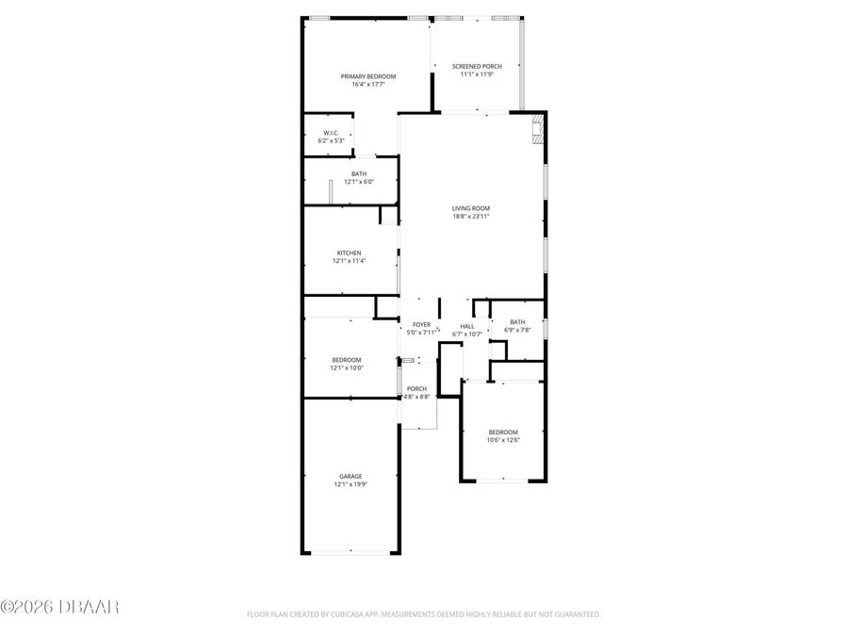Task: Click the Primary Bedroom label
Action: click(x=368, y=76)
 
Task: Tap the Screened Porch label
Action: click(x=477, y=66)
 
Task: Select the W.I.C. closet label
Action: click(x=331, y=133)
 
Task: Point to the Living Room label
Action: click(x=471, y=208)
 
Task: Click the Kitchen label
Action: click(x=350, y=253)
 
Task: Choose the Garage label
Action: click(x=351, y=476)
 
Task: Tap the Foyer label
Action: click(x=421, y=324)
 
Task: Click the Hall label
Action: click(x=467, y=326)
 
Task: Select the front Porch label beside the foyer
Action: click(x=416, y=388)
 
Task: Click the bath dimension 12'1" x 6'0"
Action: click(x=359, y=182)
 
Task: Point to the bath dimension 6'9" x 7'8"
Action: click(x=518, y=330)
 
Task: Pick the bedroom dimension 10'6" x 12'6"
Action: click(x=503, y=440)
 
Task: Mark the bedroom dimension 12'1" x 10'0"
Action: click(x=346, y=368)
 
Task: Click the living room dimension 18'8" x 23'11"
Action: click(x=471, y=217)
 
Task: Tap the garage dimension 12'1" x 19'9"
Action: click(x=351, y=484)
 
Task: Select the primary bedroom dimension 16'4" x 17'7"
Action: click(x=368, y=85)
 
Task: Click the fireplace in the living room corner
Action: click(x=538, y=129)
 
